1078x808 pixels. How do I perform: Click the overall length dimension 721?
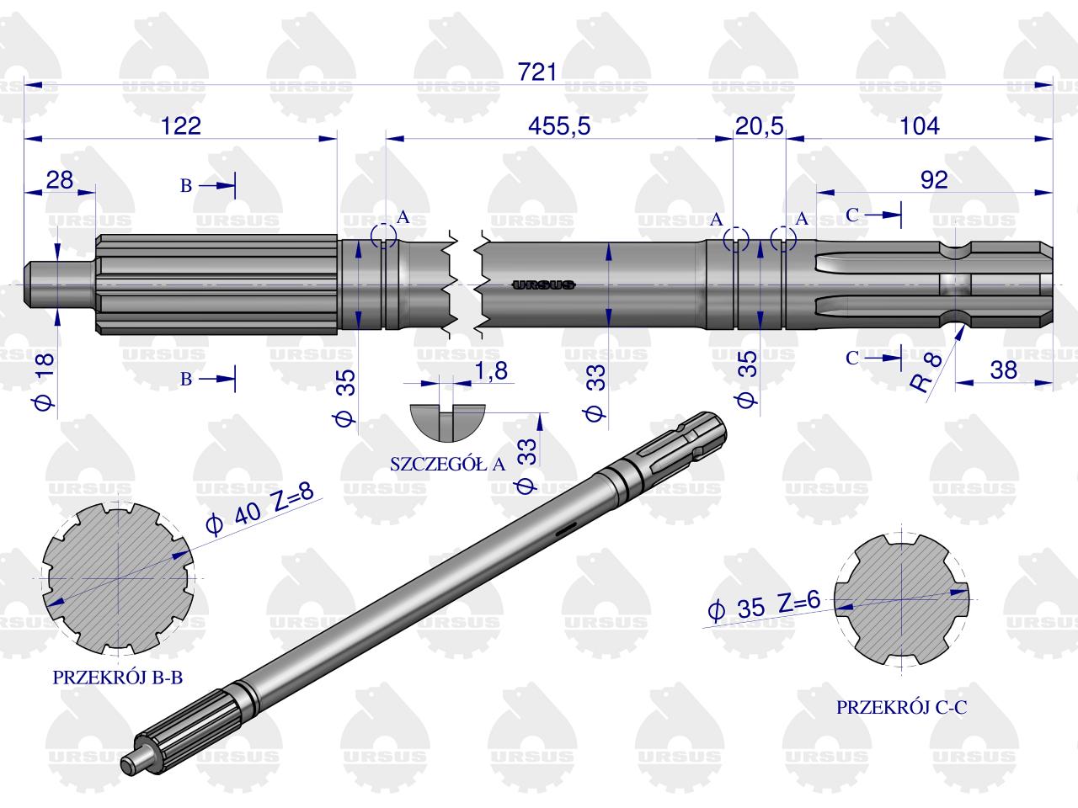point(537,72)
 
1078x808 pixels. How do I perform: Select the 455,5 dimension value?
point(559,126)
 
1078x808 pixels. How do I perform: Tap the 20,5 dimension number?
point(760,126)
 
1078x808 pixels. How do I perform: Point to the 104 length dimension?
point(920,126)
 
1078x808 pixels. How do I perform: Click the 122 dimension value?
point(181,126)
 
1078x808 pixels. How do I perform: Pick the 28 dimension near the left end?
point(60,180)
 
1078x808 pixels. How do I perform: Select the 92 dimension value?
point(934,180)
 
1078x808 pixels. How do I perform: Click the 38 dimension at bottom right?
point(1004,369)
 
